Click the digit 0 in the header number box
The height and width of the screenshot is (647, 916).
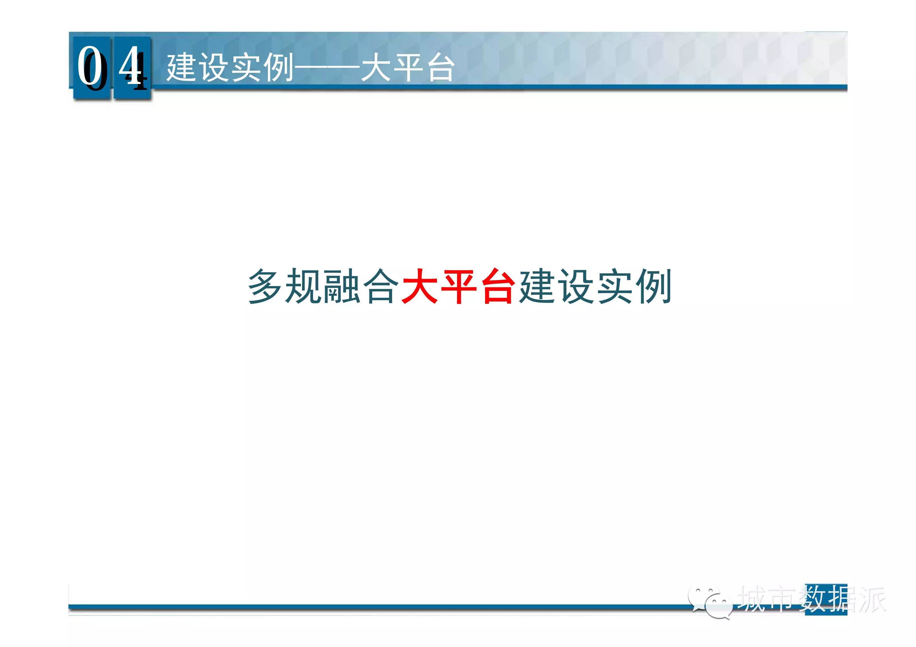coord(91,66)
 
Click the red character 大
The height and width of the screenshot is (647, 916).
coord(419,286)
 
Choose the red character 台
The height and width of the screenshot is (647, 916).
coord(497,286)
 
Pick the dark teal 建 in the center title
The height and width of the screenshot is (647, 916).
coord(536,286)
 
